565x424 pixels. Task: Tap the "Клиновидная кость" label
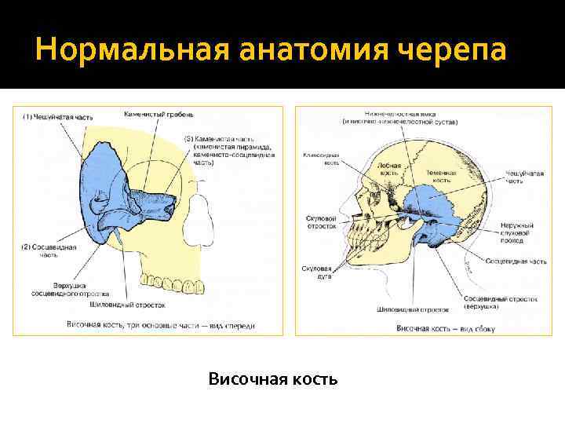pos(320,159)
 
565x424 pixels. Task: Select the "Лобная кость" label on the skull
pos(393,169)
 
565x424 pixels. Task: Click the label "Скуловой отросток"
pos(321,221)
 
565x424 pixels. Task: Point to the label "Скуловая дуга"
pos(316,272)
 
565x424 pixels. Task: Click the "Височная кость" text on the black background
pos(273,380)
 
